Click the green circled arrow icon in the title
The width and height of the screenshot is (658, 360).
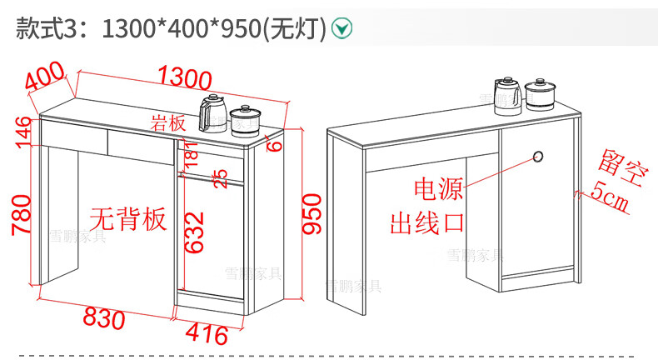341,28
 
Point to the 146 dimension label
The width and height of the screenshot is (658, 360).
22,132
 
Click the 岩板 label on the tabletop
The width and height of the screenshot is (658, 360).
167,123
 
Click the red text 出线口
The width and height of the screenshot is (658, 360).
427,222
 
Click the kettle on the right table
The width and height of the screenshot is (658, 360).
508,95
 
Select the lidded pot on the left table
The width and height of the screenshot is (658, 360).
245,119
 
